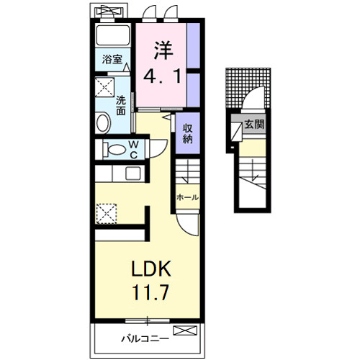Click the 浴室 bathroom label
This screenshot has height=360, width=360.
point(112,59)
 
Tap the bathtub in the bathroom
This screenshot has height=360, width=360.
point(113,35)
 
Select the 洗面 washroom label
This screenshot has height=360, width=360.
point(121,106)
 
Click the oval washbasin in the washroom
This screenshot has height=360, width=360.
point(104,122)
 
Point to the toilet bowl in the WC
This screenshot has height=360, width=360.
point(114,150)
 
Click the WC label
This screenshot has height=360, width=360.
point(133,150)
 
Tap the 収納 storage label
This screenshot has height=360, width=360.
point(187,134)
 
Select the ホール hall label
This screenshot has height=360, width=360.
point(187,197)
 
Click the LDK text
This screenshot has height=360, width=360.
point(150,269)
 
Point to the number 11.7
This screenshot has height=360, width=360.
point(151,292)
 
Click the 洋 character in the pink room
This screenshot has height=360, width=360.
point(163,50)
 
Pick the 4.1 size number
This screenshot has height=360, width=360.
point(162,76)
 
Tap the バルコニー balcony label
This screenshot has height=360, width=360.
point(145,339)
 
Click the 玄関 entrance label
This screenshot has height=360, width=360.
point(254,125)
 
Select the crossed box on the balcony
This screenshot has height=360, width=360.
point(185,330)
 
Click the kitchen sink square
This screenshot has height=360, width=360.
point(133,174)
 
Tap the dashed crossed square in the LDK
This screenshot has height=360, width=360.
point(107,214)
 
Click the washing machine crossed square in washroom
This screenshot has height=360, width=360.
point(104,87)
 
